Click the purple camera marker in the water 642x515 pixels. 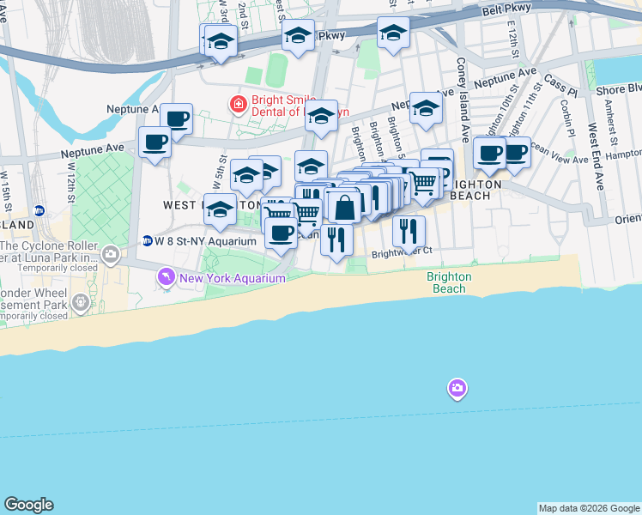(457, 390)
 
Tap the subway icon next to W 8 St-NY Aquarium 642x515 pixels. (147, 241)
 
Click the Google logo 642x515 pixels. (28, 505)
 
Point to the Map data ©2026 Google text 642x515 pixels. (588, 508)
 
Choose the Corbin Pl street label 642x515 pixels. (566, 118)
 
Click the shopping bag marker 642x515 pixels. (344, 207)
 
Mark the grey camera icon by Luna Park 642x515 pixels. (111, 253)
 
